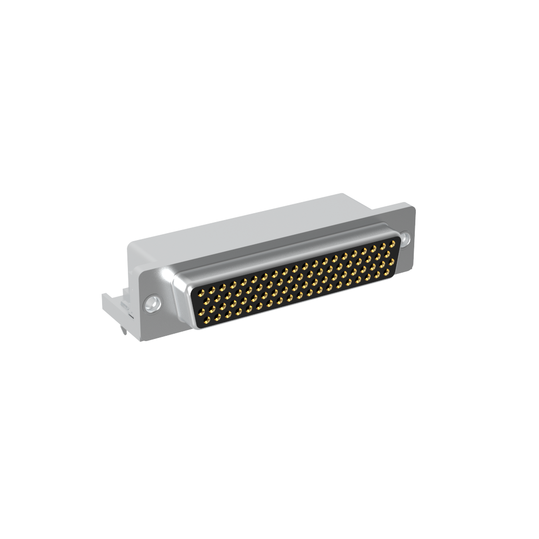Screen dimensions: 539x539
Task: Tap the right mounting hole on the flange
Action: [x=405, y=239]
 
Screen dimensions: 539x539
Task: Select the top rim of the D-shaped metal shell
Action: [x=284, y=247]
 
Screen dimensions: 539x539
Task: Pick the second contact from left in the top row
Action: [x=212, y=290]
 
